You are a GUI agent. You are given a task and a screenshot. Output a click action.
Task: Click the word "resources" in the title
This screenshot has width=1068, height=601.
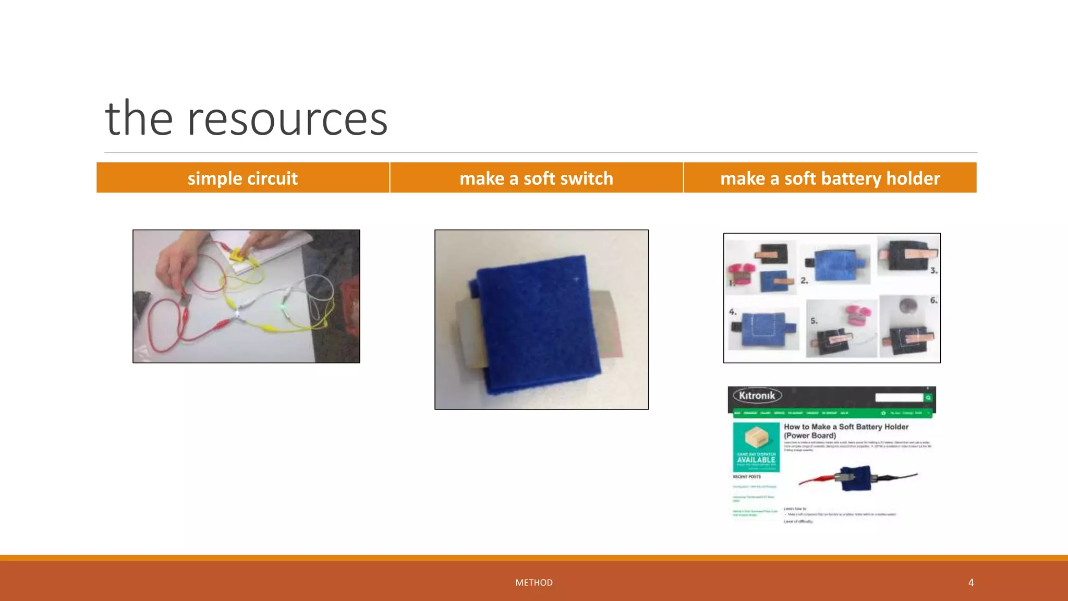(x=287, y=119)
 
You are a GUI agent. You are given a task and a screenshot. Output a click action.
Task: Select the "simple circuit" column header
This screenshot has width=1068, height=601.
(x=242, y=178)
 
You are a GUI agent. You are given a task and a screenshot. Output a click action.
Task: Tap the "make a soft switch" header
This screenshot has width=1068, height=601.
(x=536, y=178)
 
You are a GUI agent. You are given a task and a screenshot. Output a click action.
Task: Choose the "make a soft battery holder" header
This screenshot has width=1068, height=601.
(x=830, y=178)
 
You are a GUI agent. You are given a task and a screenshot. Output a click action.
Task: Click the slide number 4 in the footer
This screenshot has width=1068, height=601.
(x=971, y=582)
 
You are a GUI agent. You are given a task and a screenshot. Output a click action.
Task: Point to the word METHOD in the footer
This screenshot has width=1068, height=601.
(x=533, y=582)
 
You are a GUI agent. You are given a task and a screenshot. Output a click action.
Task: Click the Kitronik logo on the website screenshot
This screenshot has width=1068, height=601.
(x=757, y=396)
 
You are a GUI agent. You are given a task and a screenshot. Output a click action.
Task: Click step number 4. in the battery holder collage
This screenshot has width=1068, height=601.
(x=733, y=312)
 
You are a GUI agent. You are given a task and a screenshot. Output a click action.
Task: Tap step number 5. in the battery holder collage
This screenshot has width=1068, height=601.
(x=814, y=321)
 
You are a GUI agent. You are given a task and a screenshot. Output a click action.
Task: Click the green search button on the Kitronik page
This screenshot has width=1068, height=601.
(x=928, y=398)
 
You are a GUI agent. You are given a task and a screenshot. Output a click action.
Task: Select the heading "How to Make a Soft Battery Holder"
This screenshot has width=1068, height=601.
(x=846, y=427)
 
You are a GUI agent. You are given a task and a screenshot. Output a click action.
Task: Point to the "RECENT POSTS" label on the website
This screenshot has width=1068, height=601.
(x=747, y=477)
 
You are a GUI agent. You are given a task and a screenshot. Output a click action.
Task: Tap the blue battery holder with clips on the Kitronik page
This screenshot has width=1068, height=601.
(x=856, y=478)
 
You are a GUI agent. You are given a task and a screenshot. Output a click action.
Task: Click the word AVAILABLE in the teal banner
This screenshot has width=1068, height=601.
(x=756, y=460)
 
